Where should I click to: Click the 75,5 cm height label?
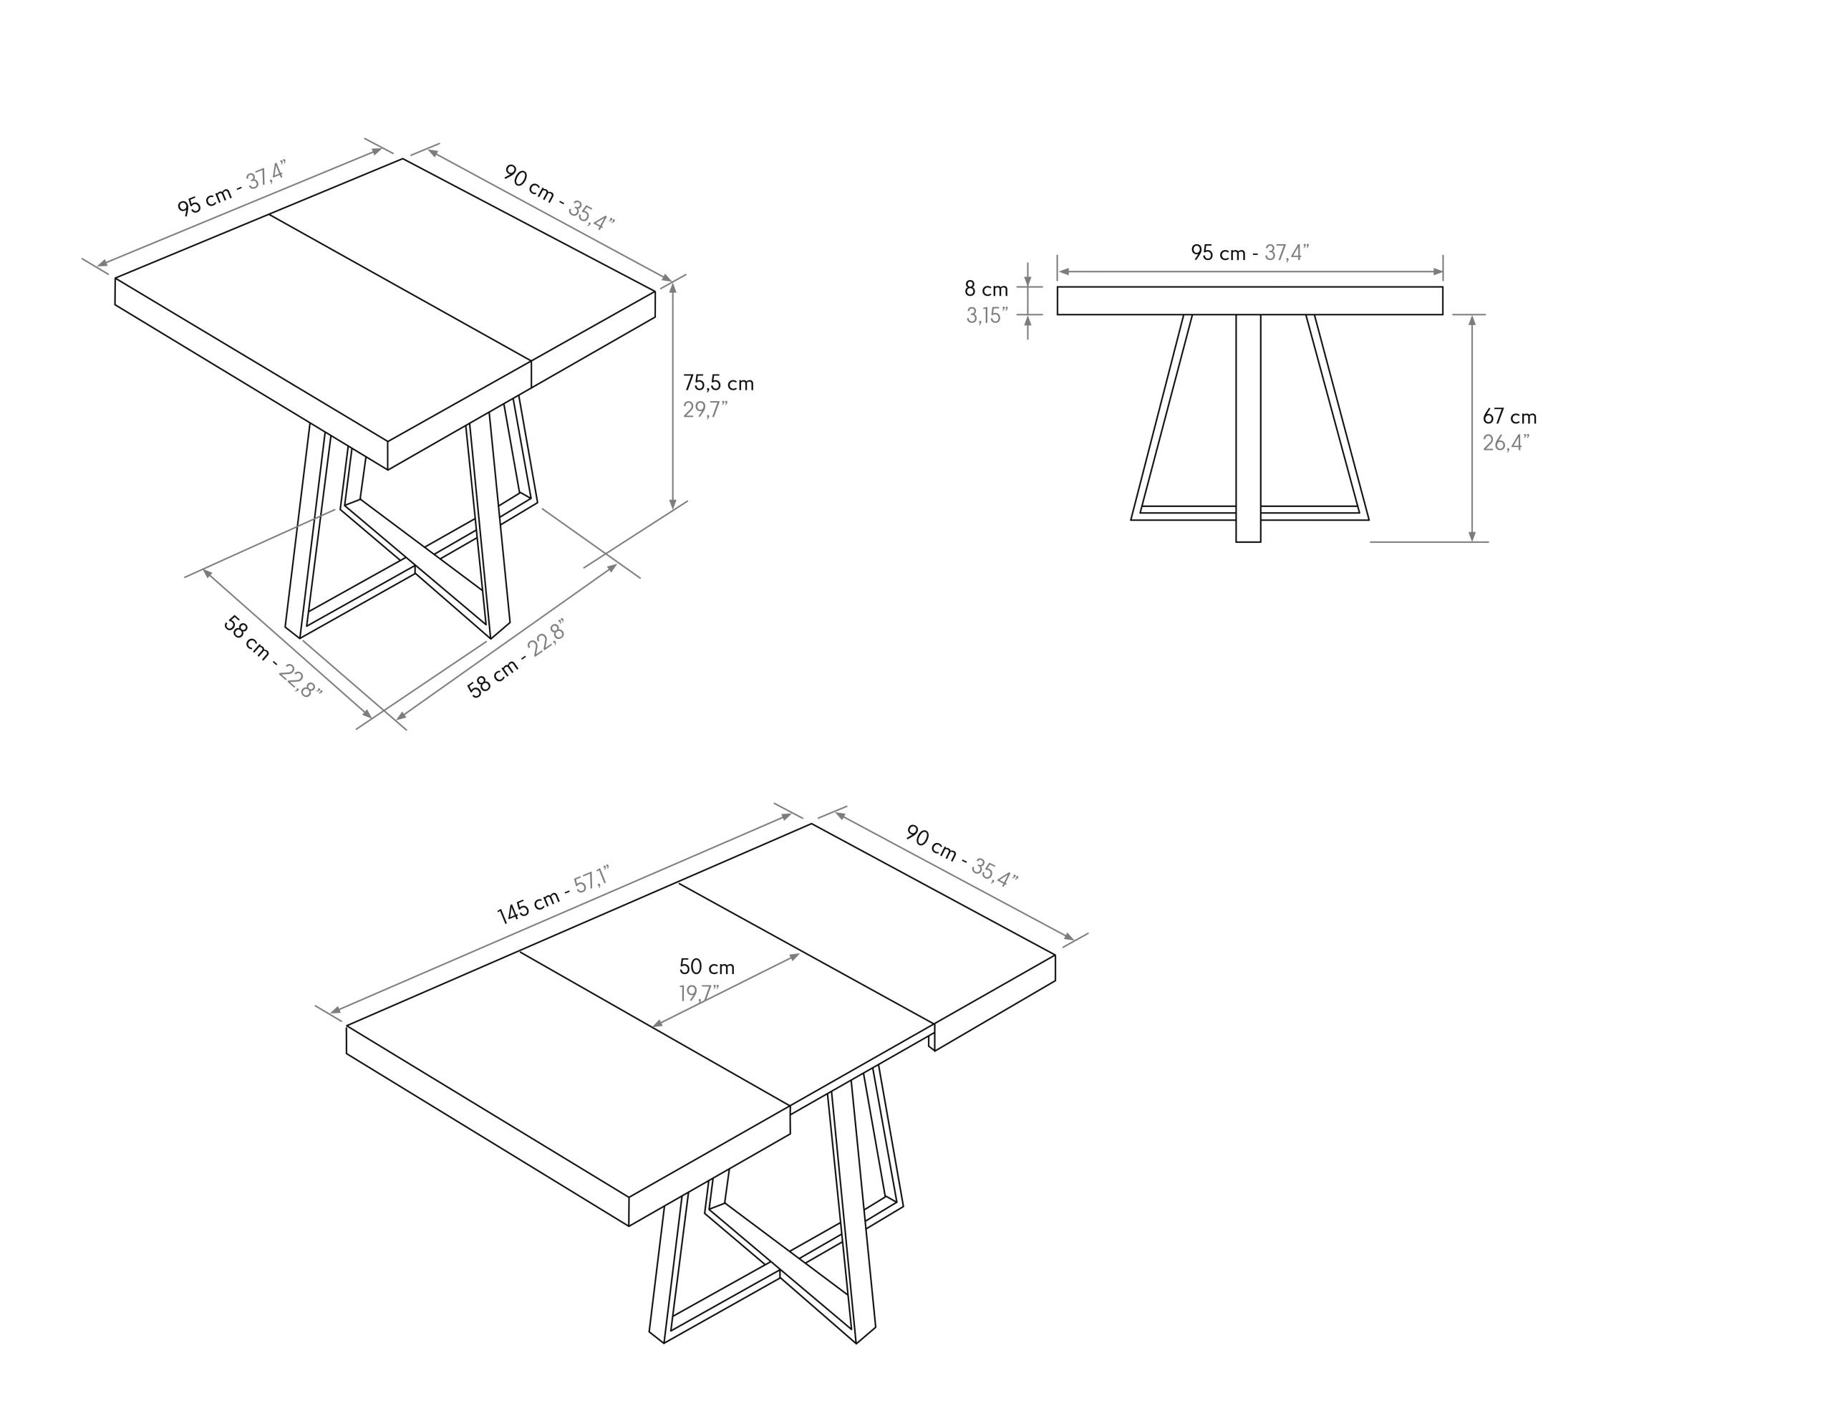(x=717, y=384)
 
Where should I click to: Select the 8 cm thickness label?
(x=986, y=289)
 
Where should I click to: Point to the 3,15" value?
(x=987, y=316)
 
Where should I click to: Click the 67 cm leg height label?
(x=1509, y=416)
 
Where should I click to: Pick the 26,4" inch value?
(x=1506, y=443)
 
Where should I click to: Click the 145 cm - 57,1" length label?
(x=552, y=895)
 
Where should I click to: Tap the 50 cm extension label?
(x=707, y=967)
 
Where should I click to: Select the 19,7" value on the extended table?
(x=699, y=993)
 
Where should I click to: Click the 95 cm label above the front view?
(x=1219, y=252)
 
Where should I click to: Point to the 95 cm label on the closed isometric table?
(x=204, y=201)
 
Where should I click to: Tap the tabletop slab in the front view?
(x=1249, y=301)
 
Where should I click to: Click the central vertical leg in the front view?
(x=1248, y=428)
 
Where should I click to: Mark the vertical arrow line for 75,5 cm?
(x=673, y=395)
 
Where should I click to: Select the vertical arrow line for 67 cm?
(x=1472, y=428)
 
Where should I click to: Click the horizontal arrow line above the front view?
(x=1249, y=271)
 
